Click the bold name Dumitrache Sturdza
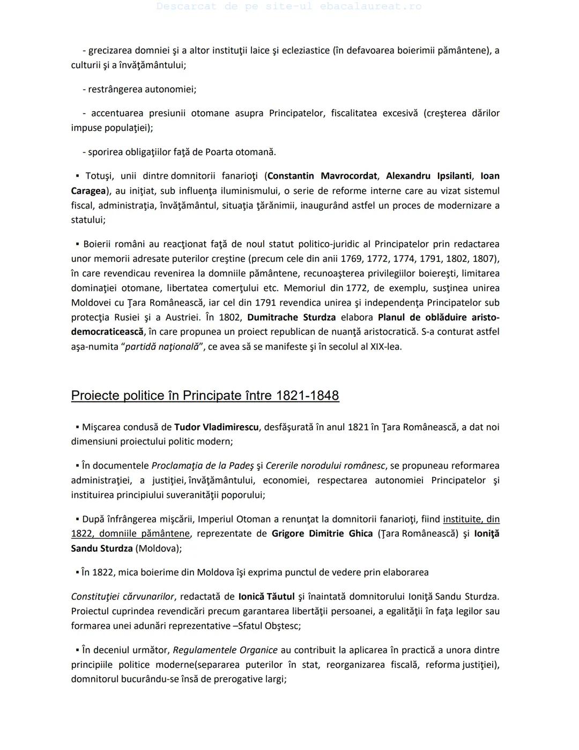[292, 317]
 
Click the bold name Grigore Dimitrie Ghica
[322, 534]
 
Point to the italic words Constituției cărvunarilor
[123, 596]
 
